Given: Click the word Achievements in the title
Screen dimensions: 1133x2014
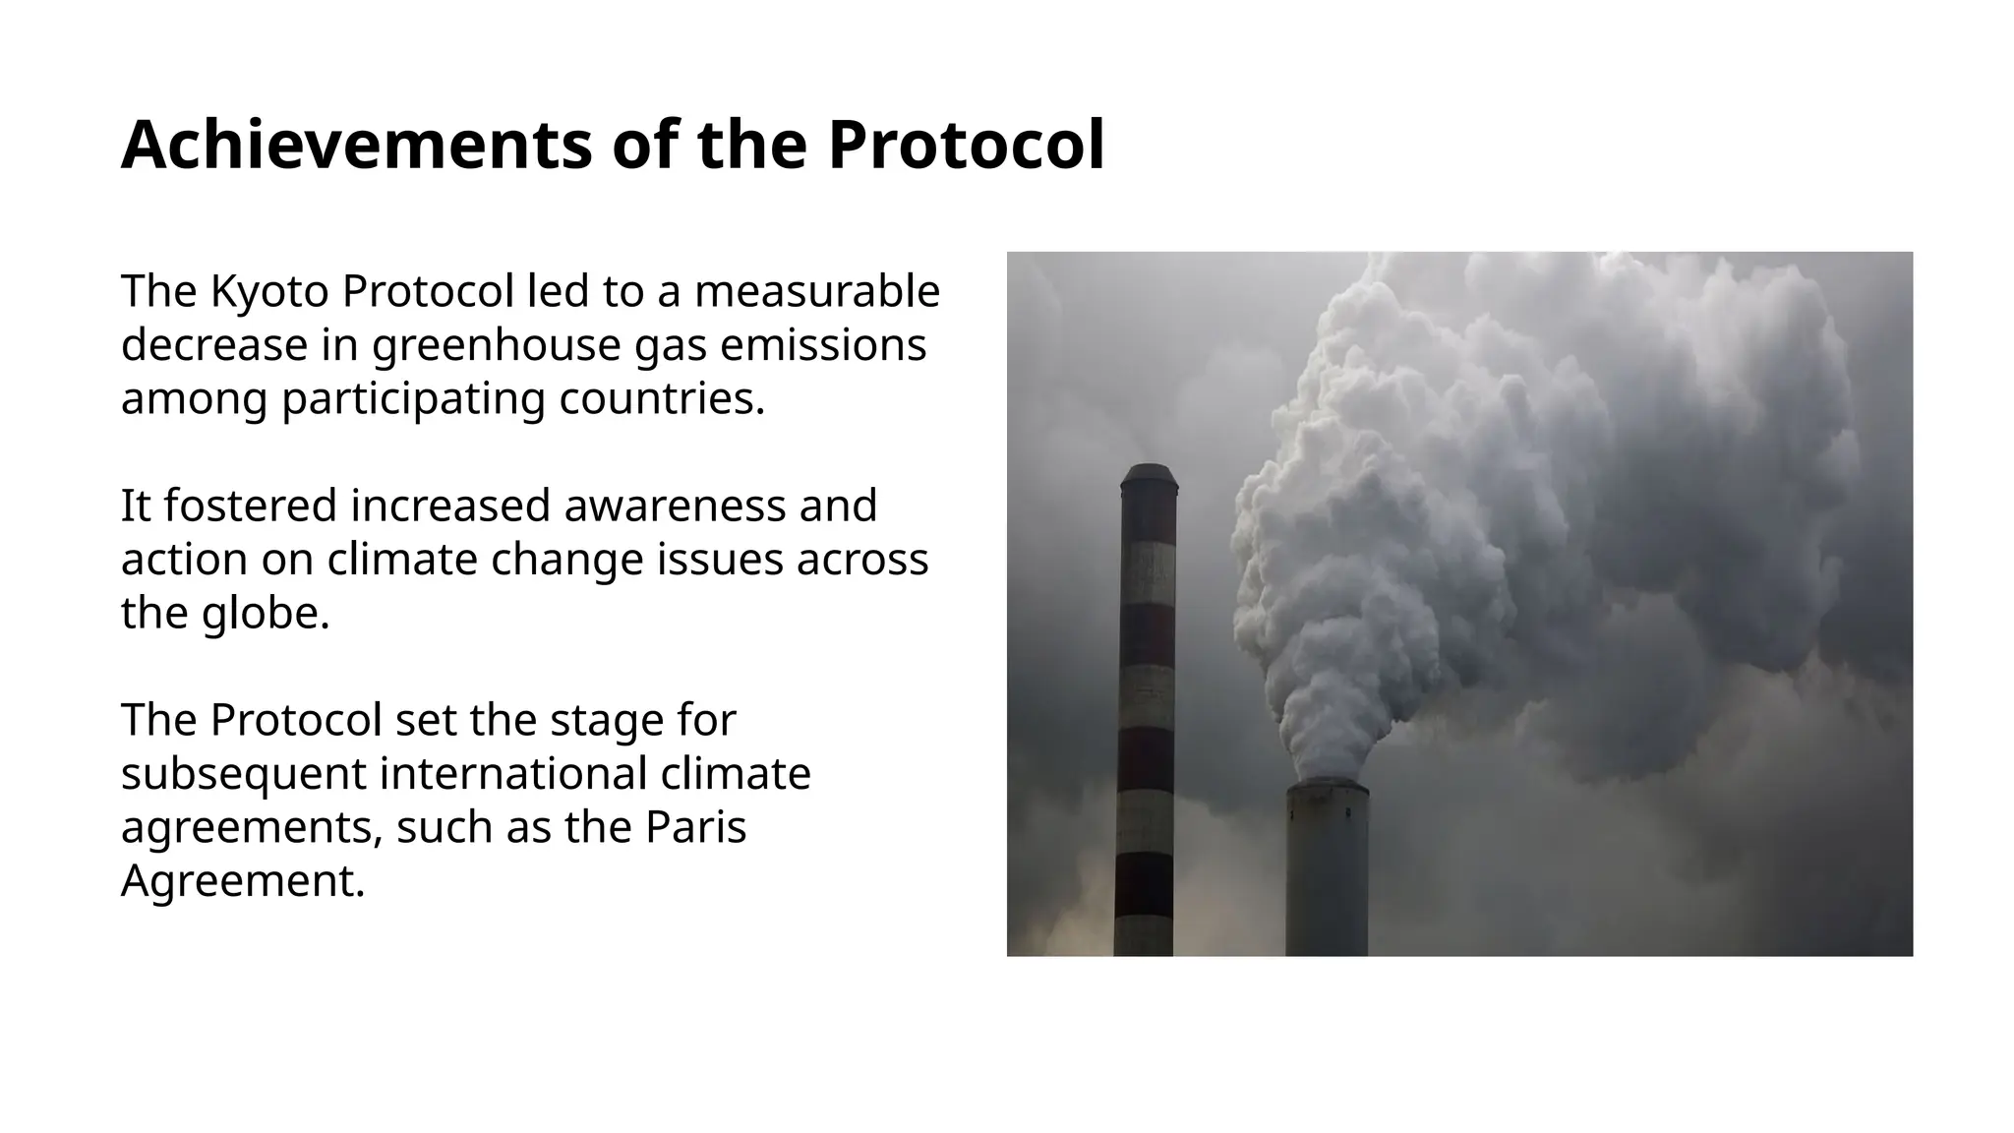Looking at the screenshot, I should (x=356, y=146).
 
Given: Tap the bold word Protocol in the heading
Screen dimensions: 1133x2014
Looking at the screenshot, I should (x=966, y=146).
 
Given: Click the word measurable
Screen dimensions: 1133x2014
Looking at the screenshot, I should (x=816, y=291).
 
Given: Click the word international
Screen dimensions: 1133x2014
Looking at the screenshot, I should (x=512, y=774).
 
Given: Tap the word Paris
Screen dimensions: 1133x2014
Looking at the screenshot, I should (x=695, y=827).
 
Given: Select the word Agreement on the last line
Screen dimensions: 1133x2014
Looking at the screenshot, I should (x=242, y=880).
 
